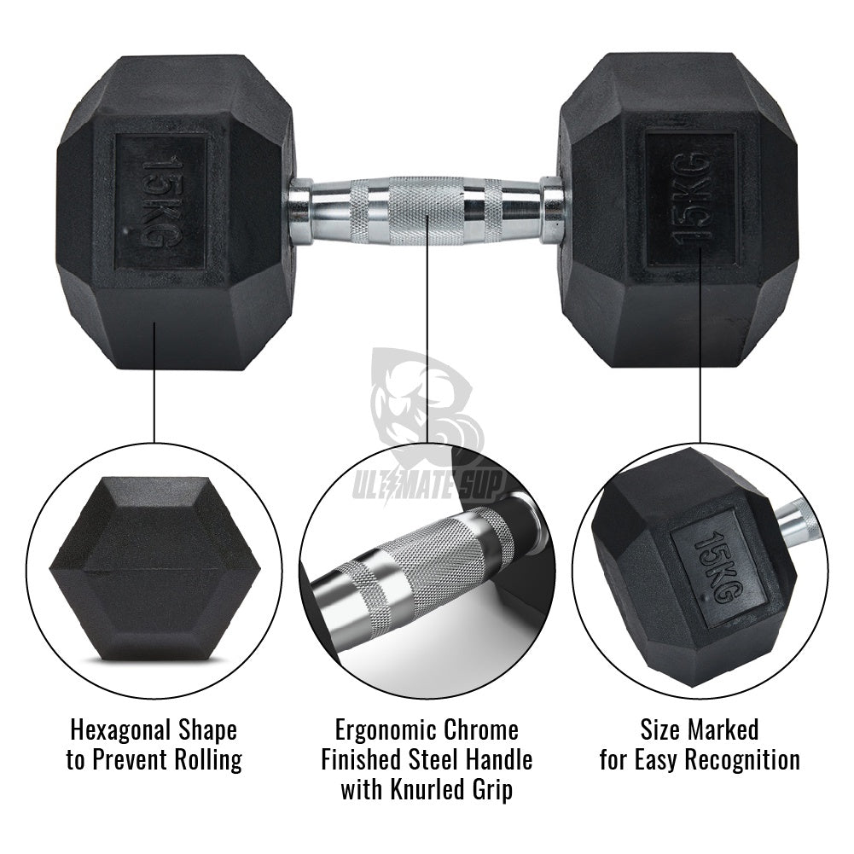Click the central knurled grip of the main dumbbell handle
point(427,210)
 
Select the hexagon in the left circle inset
point(154,570)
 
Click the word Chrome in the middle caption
point(480,729)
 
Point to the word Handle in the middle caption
point(497,759)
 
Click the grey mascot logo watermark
point(427,402)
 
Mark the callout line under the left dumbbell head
point(154,382)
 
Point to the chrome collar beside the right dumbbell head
point(552,209)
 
